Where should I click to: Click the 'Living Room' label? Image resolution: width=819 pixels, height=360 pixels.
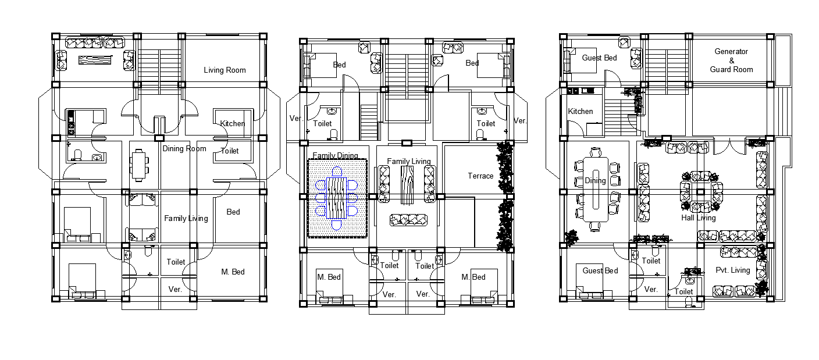(x=225, y=70)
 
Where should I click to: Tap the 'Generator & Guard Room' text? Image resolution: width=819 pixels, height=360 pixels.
(x=731, y=60)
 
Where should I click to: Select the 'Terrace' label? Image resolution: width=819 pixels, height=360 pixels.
(x=480, y=176)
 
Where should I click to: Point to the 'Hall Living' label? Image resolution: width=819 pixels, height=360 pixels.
(x=699, y=218)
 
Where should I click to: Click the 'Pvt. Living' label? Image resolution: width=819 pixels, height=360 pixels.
(x=733, y=270)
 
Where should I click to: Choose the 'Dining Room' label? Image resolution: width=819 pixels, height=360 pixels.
(x=184, y=148)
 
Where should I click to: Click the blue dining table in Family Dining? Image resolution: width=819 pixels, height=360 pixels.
(x=336, y=198)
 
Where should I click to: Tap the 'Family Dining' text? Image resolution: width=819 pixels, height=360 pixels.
(x=335, y=155)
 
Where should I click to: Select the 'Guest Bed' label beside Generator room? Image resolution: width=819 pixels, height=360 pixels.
(x=599, y=58)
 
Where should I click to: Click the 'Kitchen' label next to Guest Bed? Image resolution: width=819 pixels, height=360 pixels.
(x=581, y=111)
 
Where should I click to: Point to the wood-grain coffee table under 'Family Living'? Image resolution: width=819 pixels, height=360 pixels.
(x=407, y=186)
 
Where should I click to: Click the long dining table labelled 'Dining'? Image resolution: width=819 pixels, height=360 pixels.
(x=596, y=190)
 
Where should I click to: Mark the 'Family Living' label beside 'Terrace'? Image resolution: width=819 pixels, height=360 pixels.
(x=409, y=161)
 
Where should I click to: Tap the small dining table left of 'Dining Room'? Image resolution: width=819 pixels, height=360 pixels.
(x=139, y=165)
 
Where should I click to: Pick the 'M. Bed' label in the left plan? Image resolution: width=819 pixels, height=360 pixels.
(x=233, y=272)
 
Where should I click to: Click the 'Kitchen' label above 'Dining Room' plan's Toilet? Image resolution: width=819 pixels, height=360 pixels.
(x=233, y=123)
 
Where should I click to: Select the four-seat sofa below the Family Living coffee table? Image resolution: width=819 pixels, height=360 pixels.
(x=408, y=220)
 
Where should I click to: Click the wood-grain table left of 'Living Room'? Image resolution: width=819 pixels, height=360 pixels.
(x=95, y=60)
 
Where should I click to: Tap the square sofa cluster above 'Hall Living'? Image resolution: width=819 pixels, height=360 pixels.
(x=701, y=192)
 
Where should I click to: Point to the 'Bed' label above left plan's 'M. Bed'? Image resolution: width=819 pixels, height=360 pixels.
(x=233, y=212)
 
